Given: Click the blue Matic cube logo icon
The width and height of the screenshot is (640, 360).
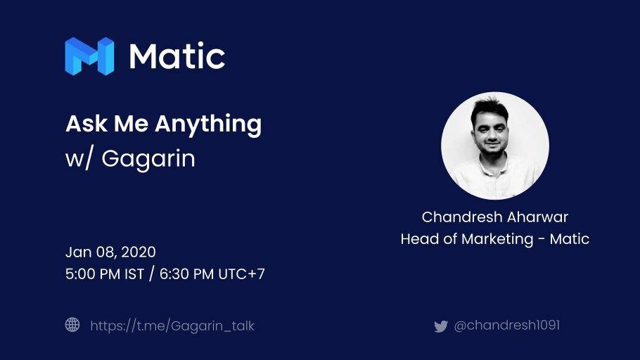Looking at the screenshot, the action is [x=89, y=56].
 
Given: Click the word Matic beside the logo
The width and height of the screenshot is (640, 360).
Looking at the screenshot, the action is [x=177, y=56].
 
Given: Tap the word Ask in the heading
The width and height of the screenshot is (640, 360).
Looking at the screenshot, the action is [x=87, y=123].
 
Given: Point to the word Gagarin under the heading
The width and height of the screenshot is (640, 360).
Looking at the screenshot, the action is [x=148, y=159].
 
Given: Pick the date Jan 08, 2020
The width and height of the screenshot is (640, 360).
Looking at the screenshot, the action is [x=110, y=252].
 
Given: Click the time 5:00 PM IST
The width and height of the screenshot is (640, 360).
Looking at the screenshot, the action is [x=105, y=274].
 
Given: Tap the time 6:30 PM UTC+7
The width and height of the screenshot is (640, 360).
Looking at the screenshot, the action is [x=212, y=274].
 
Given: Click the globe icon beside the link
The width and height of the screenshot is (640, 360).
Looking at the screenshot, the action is [x=72, y=325].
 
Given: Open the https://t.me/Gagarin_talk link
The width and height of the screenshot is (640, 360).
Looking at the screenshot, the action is [x=172, y=326].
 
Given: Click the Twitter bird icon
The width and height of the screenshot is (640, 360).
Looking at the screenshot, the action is [x=441, y=326].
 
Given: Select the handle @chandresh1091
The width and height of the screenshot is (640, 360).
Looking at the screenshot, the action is [x=507, y=326].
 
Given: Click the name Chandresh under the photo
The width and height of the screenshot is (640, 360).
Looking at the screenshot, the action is [x=461, y=217].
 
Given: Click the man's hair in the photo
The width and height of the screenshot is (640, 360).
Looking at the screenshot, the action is [x=489, y=107].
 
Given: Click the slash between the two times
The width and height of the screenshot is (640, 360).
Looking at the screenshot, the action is [x=152, y=274].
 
